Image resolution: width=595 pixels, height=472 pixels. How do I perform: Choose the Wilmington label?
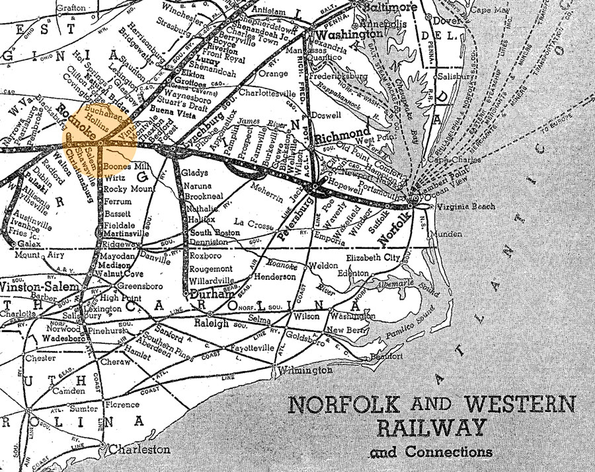coord(305,370)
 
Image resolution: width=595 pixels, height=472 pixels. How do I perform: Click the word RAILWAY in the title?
coord(434,427)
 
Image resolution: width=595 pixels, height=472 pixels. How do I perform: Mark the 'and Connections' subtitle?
coord(431,452)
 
